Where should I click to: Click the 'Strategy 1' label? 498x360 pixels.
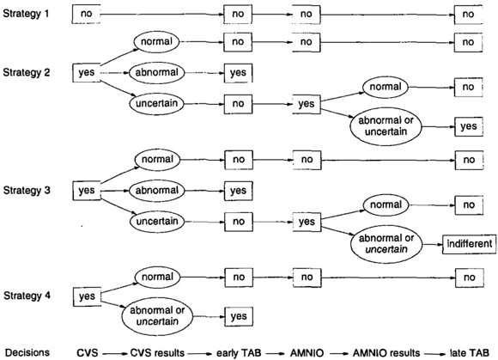pyautogui.click(x=26, y=14)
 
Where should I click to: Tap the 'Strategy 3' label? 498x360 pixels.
pyautogui.click(x=27, y=191)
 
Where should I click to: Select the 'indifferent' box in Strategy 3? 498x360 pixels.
pyautogui.click(x=470, y=244)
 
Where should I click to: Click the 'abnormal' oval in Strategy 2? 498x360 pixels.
pyautogui.click(x=157, y=73)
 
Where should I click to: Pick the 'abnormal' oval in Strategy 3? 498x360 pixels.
pyautogui.click(x=157, y=191)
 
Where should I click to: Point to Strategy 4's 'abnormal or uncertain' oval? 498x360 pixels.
pyautogui.click(x=157, y=316)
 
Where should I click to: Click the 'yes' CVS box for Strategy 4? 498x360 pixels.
pyautogui.click(x=87, y=296)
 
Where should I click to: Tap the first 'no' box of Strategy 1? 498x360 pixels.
pyautogui.click(x=86, y=14)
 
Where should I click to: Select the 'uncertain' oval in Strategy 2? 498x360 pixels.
pyautogui.click(x=157, y=104)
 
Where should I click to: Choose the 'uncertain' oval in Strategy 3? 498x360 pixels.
pyautogui.click(x=157, y=222)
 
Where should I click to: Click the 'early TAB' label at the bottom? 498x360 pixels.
pyautogui.click(x=239, y=353)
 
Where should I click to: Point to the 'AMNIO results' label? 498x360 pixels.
pyautogui.click(x=386, y=353)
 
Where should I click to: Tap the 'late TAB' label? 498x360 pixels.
pyautogui.click(x=470, y=353)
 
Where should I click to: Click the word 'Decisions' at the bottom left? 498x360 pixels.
pyautogui.click(x=27, y=352)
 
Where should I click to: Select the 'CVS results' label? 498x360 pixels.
pyautogui.click(x=157, y=353)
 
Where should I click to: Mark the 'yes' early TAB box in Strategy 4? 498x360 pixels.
pyautogui.click(x=239, y=316)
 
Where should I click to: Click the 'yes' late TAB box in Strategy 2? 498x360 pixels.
pyautogui.click(x=469, y=126)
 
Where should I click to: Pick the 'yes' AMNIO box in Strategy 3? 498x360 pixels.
pyautogui.click(x=307, y=222)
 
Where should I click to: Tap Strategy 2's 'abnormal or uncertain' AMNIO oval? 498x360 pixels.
pyautogui.click(x=386, y=126)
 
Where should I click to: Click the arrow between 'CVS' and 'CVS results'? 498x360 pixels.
pyautogui.click(x=115, y=353)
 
